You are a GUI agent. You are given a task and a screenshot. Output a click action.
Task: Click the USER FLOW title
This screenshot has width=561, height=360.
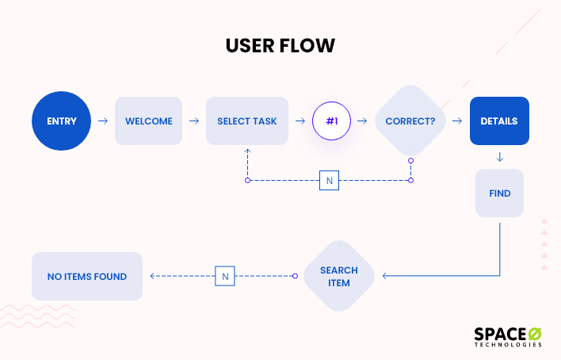point(280,46)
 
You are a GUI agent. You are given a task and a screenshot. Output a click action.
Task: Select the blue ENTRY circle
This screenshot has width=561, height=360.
point(62,121)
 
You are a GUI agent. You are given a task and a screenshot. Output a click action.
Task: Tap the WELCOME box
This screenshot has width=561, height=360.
point(148,121)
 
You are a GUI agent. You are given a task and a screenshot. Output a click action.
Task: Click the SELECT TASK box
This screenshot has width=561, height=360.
point(246,121)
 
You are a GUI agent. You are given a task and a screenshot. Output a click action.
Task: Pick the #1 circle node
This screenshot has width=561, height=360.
point(331,121)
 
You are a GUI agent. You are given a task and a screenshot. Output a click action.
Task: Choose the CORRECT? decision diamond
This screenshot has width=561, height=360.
point(410,121)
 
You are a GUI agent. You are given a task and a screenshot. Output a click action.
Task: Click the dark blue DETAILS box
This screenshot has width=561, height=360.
point(498,121)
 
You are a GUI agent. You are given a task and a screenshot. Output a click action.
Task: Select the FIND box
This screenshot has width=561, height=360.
point(499,193)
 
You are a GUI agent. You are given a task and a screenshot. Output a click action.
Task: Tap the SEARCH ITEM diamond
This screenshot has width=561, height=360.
point(338,276)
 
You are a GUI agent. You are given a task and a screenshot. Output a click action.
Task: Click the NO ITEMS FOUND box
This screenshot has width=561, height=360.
point(87,276)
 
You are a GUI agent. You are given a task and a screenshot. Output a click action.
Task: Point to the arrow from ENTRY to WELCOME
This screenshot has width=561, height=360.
point(103,121)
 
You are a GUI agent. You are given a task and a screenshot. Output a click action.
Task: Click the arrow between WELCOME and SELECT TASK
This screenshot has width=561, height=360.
point(193,121)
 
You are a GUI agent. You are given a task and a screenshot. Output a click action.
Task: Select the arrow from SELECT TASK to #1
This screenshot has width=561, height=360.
point(300,121)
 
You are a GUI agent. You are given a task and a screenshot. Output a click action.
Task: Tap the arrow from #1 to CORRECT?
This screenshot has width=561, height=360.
point(362,121)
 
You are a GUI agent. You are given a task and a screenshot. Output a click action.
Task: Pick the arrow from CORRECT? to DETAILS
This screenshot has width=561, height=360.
point(457,121)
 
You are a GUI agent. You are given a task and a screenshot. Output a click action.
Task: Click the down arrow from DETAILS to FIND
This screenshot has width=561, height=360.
point(499,157)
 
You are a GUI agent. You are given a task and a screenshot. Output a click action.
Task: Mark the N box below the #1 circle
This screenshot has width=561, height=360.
point(329,180)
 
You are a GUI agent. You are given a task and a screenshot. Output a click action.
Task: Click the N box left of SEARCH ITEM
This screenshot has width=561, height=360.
point(225,276)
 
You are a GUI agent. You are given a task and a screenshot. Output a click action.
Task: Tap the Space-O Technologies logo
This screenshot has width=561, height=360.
point(508,335)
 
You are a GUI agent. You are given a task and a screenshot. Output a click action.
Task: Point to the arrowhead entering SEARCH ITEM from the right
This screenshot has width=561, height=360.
point(386,276)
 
